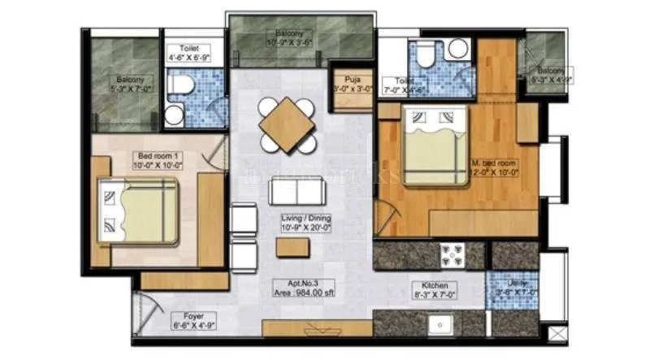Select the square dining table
tap(287, 124)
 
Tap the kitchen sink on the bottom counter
tap(444, 322)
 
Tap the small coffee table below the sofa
tap(292, 247)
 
